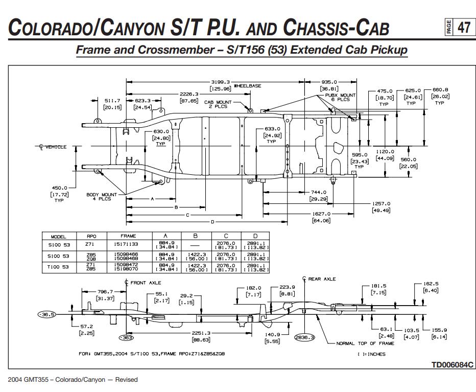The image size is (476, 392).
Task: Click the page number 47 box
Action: [x=463, y=27]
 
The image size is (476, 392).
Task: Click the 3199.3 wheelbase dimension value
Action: [x=220, y=82]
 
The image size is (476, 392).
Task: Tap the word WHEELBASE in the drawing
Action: [x=248, y=86]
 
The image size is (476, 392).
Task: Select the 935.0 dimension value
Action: [x=328, y=82]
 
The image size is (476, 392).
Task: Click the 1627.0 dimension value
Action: [x=321, y=214]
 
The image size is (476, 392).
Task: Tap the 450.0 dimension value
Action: [x=59, y=188]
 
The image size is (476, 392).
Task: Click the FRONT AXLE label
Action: [x=145, y=282]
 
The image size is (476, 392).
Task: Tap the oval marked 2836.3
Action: [x=305, y=338]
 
